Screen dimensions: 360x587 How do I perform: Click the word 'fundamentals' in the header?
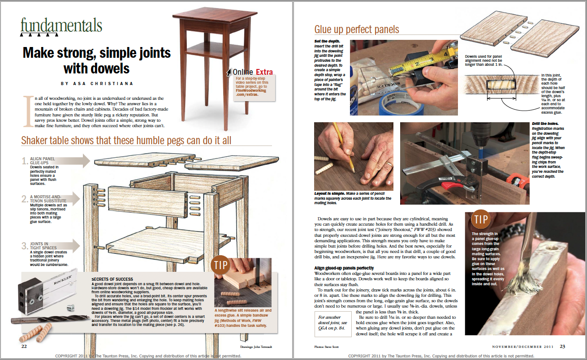(x=61, y=26)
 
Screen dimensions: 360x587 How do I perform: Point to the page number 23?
(x=563, y=346)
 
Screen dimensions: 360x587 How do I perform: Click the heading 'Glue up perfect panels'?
(x=356, y=30)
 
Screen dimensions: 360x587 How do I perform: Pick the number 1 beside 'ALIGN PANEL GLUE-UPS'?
(x=25, y=162)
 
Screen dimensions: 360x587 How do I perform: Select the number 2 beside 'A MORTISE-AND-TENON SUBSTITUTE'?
(x=25, y=198)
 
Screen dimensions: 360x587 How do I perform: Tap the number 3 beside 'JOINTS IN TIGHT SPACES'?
(x=25, y=246)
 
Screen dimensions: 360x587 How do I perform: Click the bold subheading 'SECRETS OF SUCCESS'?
(x=113, y=279)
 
